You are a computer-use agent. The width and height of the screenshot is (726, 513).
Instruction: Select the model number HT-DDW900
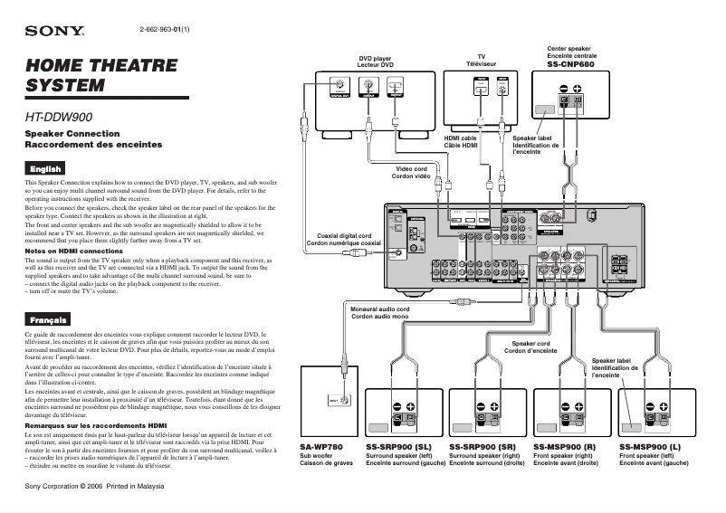click(60, 117)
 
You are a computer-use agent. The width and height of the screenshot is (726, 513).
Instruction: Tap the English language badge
click(45, 168)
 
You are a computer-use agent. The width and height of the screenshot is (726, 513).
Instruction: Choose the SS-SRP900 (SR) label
click(482, 447)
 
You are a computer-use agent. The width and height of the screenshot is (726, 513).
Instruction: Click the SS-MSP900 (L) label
click(650, 447)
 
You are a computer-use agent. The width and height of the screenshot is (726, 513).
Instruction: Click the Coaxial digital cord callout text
click(343, 239)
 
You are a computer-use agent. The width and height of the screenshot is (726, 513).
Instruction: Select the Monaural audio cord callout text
click(380, 313)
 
